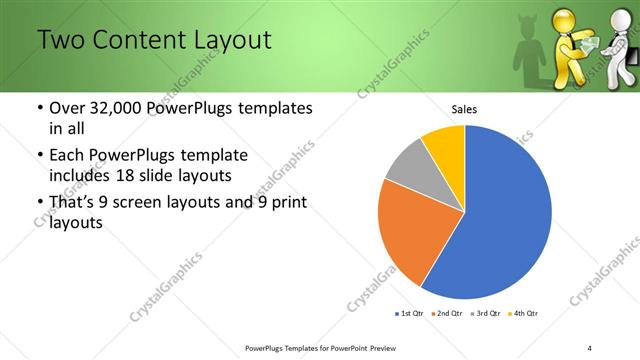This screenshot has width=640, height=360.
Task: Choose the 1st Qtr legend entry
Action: pyautogui.click(x=409, y=315)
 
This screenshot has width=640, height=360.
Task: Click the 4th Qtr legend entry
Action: pyautogui.click(x=525, y=315)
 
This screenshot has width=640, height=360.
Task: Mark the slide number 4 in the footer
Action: pyautogui.click(x=590, y=347)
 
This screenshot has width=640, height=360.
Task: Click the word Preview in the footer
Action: pyautogui.click(x=386, y=347)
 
